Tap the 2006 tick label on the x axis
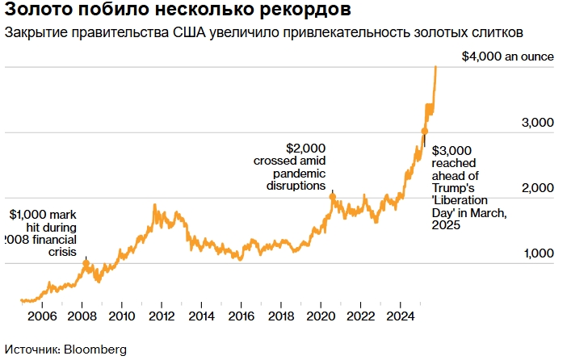[42, 316]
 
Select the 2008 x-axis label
[82, 316]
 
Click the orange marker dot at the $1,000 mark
[86, 262]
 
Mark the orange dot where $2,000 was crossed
[332, 195]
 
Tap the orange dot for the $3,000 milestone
[425, 131]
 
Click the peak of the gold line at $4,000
[436, 67]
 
